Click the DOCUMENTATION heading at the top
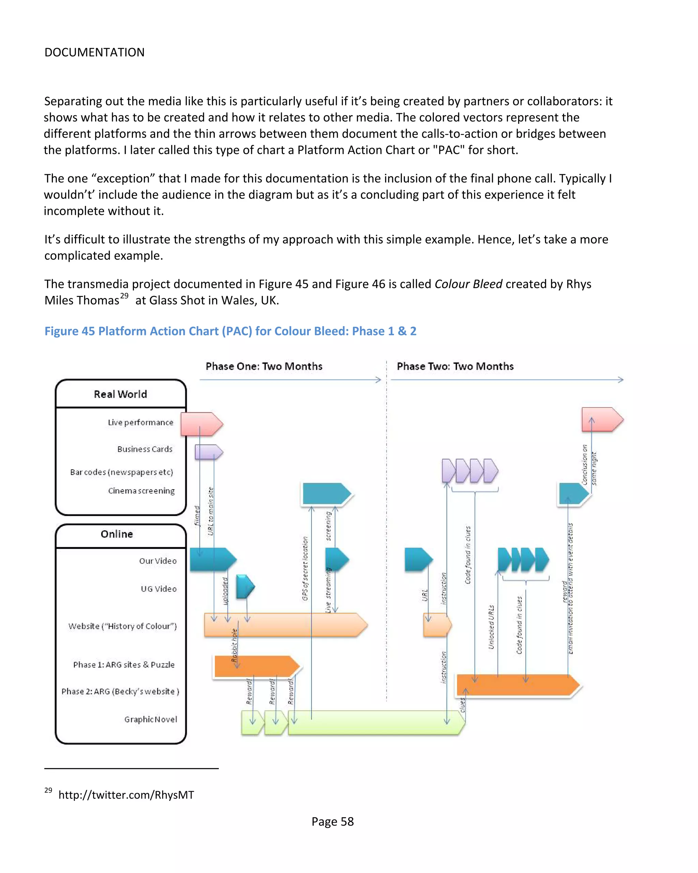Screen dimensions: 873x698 (x=94, y=52)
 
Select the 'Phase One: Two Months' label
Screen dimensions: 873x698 (x=264, y=366)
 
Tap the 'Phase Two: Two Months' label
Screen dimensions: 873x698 (x=455, y=366)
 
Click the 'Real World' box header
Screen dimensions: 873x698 (x=120, y=394)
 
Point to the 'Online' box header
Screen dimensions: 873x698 (x=117, y=534)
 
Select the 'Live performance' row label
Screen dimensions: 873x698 (x=140, y=422)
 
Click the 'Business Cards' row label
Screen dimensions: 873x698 (x=145, y=449)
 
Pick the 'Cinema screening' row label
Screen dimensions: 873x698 (x=141, y=491)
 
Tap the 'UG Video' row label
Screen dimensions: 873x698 (x=159, y=589)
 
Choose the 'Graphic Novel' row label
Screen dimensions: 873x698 (x=151, y=720)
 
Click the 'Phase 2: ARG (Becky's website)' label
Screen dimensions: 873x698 (x=120, y=692)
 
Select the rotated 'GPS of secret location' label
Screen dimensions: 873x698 (x=305, y=569)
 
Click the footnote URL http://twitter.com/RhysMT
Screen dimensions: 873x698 (x=126, y=795)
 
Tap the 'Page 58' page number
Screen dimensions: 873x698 (x=332, y=822)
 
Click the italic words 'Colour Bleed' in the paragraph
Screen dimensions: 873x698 (x=468, y=284)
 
